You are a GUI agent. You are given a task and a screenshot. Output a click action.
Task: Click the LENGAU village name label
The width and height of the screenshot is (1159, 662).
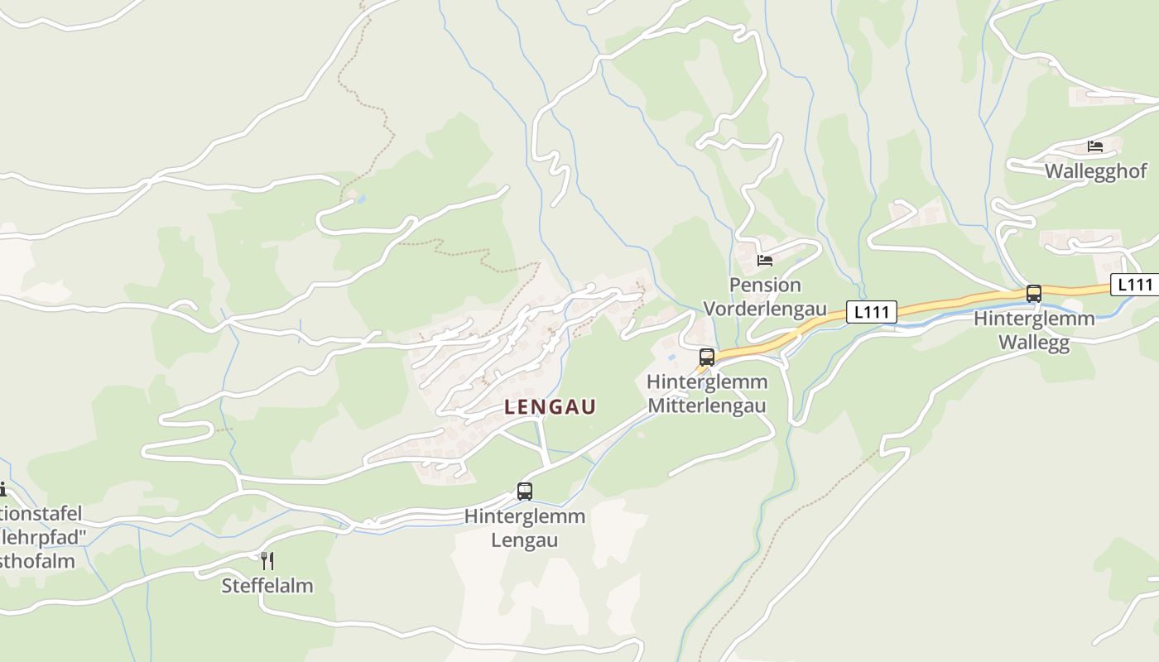click(550, 406)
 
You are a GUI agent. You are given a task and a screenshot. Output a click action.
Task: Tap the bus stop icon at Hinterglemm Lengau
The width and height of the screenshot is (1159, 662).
click(525, 492)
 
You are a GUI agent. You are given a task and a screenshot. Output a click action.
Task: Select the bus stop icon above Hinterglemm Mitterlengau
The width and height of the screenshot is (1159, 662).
click(707, 357)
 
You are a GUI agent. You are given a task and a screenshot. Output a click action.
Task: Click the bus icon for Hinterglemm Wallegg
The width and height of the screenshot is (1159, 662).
click(1034, 294)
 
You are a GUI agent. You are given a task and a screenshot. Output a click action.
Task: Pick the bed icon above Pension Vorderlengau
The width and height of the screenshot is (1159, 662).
click(765, 261)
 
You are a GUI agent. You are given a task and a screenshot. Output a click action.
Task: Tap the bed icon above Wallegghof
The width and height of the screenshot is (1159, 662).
click(1095, 146)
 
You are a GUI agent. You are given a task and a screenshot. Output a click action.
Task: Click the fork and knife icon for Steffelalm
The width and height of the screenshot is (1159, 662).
click(267, 561)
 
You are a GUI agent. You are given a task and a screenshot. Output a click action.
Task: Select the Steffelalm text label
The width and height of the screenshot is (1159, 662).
click(267, 586)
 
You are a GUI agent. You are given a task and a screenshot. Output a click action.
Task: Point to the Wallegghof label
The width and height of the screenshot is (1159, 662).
click(1096, 171)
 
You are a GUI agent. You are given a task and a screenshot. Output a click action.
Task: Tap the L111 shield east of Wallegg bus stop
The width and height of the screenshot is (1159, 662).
click(1135, 285)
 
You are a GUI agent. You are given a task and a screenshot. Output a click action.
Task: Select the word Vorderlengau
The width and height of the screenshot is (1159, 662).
click(765, 309)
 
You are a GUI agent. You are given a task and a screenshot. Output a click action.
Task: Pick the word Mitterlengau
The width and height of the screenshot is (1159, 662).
click(707, 406)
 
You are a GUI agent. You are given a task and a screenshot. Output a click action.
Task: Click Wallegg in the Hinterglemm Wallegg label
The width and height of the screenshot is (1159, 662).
click(1034, 343)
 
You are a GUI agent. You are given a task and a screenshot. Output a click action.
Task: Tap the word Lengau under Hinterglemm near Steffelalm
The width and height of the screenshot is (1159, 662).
click(525, 540)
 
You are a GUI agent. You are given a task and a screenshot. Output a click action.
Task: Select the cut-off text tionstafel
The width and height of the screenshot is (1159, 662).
click(41, 512)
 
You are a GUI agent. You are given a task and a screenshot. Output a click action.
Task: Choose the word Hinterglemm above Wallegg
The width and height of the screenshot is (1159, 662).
click(1034, 319)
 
